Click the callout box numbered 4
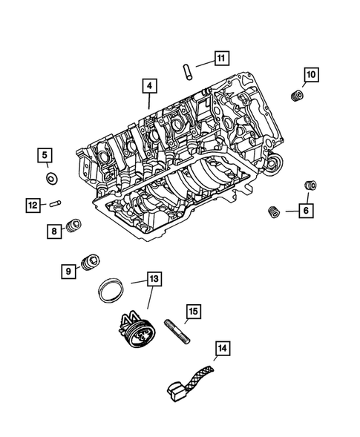point(149,88)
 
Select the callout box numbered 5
point(45,155)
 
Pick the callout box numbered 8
point(54,231)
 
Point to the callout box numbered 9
point(67,272)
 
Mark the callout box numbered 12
point(32,205)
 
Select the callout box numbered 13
point(153,280)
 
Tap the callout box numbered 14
point(223,346)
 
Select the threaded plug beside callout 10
point(296,96)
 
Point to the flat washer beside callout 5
point(53,178)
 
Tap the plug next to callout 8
point(73,226)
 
